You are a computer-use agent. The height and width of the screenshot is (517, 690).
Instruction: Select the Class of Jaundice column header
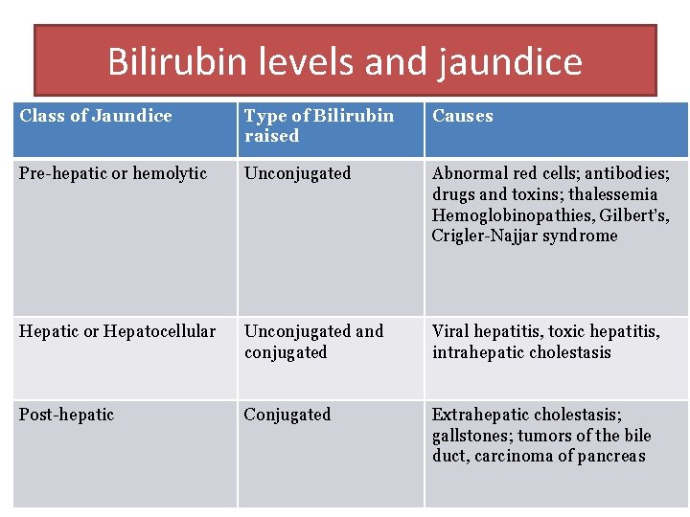click(96, 116)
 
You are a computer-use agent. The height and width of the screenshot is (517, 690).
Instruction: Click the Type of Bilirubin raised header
click(318, 125)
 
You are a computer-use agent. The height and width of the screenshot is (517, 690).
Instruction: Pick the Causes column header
click(462, 116)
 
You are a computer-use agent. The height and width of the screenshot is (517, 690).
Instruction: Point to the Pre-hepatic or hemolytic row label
click(113, 173)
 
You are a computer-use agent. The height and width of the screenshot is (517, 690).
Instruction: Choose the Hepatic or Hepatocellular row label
click(118, 331)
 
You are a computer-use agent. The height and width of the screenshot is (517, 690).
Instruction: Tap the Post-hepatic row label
click(66, 415)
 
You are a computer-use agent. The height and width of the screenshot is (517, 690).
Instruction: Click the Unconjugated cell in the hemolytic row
click(297, 173)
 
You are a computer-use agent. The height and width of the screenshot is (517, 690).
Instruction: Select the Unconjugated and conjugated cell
click(313, 342)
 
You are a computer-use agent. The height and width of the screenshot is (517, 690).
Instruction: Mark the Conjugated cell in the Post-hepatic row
click(287, 415)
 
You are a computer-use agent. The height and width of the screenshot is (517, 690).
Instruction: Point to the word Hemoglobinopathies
click(507, 215)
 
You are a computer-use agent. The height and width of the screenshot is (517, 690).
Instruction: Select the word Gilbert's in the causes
click(634, 215)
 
